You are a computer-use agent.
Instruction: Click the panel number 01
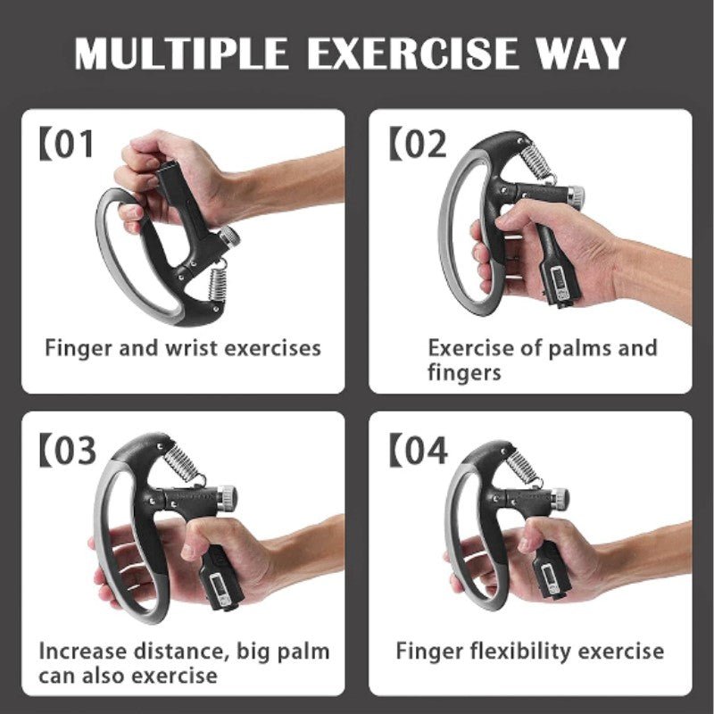(73, 145)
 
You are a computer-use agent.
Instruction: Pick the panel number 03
(75, 451)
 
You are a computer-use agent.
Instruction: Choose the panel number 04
(423, 451)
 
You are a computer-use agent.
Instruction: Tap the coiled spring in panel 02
(535, 163)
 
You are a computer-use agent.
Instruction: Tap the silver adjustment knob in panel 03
(228, 494)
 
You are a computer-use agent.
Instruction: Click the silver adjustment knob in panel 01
(228, 237)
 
